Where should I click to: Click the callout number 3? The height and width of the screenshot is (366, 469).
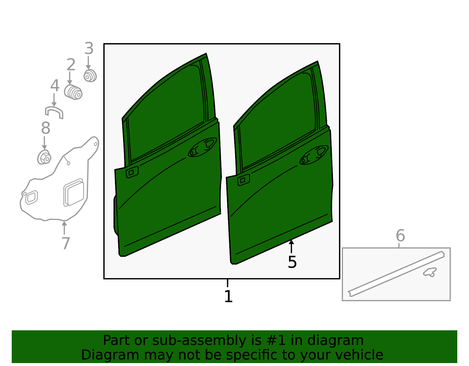coord(89,48)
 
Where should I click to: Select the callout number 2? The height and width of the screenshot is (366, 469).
coord(71,64)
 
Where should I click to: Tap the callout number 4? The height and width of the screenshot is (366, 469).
coord(55,86)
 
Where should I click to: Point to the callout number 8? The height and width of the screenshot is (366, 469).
coord(46,128)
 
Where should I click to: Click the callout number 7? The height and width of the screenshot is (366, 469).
coord(66,243)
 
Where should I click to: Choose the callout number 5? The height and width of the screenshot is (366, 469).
coord(293,262)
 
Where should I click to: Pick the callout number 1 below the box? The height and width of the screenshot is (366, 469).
coord(228,296)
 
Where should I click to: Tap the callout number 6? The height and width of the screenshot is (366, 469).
coord(400,236)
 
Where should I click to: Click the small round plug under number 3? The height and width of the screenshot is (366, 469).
coord(90,76)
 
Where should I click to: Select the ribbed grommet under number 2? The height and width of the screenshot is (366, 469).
coord(73,92)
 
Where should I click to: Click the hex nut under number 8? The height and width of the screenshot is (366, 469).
coord(44,157)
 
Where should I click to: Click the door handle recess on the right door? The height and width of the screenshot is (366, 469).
coord(314,155)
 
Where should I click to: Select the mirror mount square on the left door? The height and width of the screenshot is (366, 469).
coord(132,172)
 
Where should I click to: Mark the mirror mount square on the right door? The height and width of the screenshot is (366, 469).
coord(244,180)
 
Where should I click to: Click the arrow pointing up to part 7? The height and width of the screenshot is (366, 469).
coord(64,227)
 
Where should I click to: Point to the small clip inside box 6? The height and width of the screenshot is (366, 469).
coord(429,272)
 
